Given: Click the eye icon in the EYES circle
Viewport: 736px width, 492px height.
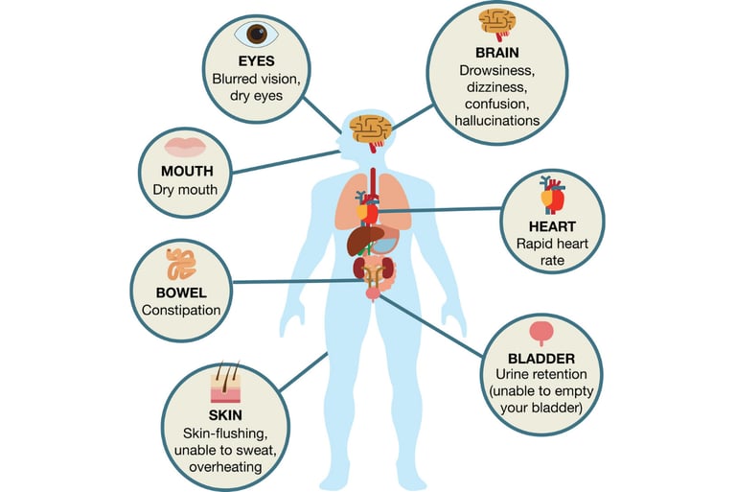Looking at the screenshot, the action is [x=256, y=34].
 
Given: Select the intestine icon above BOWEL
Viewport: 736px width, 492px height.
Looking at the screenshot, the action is [x=183, y=264].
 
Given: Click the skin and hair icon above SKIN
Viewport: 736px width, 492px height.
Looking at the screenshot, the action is [x=224, y=384].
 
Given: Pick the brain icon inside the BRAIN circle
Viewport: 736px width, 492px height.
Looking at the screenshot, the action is [x=497, y=23].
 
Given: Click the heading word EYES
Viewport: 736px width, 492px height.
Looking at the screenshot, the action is [x=256, y=60].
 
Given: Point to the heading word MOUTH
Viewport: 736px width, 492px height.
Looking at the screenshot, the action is [x=186, y=171].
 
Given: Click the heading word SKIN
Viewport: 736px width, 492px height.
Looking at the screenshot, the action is [x=225, y=414].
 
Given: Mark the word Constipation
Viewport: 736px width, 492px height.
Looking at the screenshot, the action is [x=182, y=310].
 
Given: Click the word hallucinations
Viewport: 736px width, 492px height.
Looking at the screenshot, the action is [x=498, y=121].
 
